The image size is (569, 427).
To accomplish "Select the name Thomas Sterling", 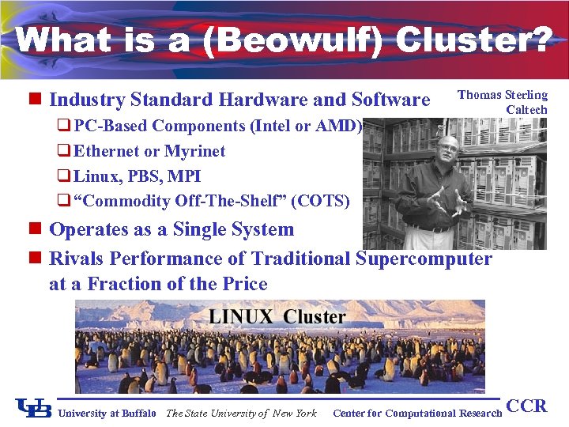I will click(503, 95).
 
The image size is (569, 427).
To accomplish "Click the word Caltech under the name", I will click(526, 110).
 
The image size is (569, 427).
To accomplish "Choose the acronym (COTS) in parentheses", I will click(320, 201).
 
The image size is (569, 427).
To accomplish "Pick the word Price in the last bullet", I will click(242, 284).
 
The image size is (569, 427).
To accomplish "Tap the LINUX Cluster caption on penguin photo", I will click(277, 317).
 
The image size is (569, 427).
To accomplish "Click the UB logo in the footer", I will click(33, 408).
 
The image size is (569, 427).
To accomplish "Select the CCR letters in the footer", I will click(526, 406).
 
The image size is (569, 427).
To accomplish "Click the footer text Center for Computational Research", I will click(417, 413).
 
